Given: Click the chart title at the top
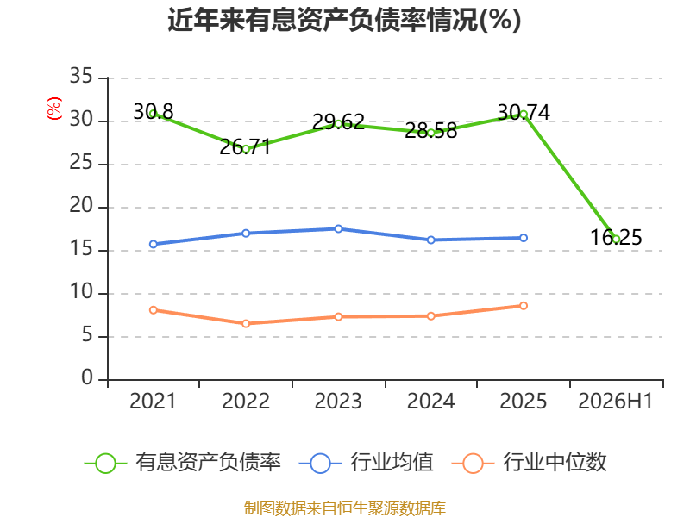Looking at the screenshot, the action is pos(344,20).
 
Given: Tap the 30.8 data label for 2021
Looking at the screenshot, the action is pos(154,112).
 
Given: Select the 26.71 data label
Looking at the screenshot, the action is pos(245,146).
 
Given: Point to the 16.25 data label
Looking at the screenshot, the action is pos(616,238).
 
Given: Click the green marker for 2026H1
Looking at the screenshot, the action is pos(616,240).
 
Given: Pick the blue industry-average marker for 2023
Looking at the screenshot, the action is pos(338,228).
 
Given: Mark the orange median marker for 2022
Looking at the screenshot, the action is pos(246,324).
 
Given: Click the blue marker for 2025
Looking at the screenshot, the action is pos(524,238).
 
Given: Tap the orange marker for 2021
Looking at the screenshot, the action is pos(154,310).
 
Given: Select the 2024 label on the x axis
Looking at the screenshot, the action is pos(430,401).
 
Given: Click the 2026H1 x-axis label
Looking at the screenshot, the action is pos(615,401).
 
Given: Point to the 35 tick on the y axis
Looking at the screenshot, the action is pos(81,77).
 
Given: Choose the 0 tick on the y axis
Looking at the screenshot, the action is pos(87,377).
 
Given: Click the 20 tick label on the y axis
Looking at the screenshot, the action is pos(81,206).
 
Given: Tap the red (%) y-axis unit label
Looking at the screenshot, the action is pos(54,109).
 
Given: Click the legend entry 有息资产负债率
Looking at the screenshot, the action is pos(183,463).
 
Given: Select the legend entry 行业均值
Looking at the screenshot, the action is pos(366,463).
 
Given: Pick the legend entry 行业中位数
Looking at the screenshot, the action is pos(530,463).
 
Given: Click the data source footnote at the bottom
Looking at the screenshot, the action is pos(345,508).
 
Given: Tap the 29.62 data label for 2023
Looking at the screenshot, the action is pos(338,121).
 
